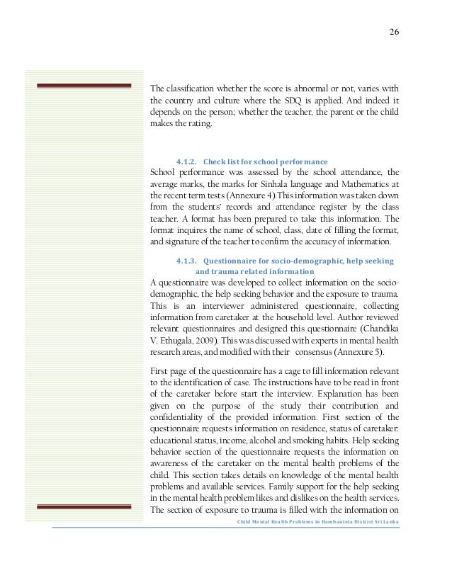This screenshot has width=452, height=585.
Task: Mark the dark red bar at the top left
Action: point(84,86)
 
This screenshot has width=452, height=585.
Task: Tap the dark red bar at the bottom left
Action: point(84,506)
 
